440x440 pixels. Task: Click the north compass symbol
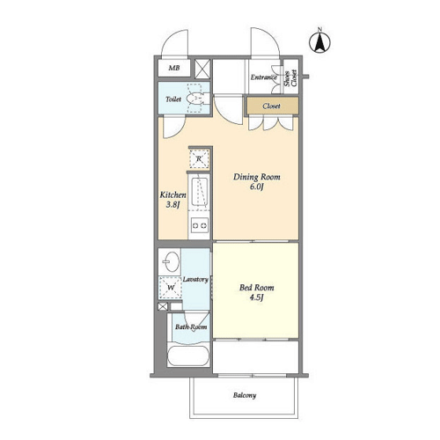coord(319,41)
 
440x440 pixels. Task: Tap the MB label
coord(174,68)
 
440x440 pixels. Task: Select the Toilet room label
coord(173,99)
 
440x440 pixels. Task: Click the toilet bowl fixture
coord(197,99)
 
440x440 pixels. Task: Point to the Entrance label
coord(264,77)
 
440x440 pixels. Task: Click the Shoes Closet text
coord(290,78)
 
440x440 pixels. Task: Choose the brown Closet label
coord(271,106)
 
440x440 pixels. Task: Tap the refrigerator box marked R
coord(199,159)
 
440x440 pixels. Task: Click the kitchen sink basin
coord(200,192)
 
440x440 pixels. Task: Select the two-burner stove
coord(200,225)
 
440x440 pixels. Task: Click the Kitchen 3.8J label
coord(172,200)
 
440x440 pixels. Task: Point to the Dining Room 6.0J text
coord(257,181)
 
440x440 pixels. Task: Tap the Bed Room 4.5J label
coord(257,292)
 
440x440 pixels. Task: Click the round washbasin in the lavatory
coord(171,261)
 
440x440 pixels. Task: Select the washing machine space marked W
coord(171,288)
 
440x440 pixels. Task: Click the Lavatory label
coord(195,280)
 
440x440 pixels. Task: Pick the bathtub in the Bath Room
coord(188,356)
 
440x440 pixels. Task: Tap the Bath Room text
coord(191,326)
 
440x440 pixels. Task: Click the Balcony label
coord(245,395)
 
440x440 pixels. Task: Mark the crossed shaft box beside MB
coord(202,69)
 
